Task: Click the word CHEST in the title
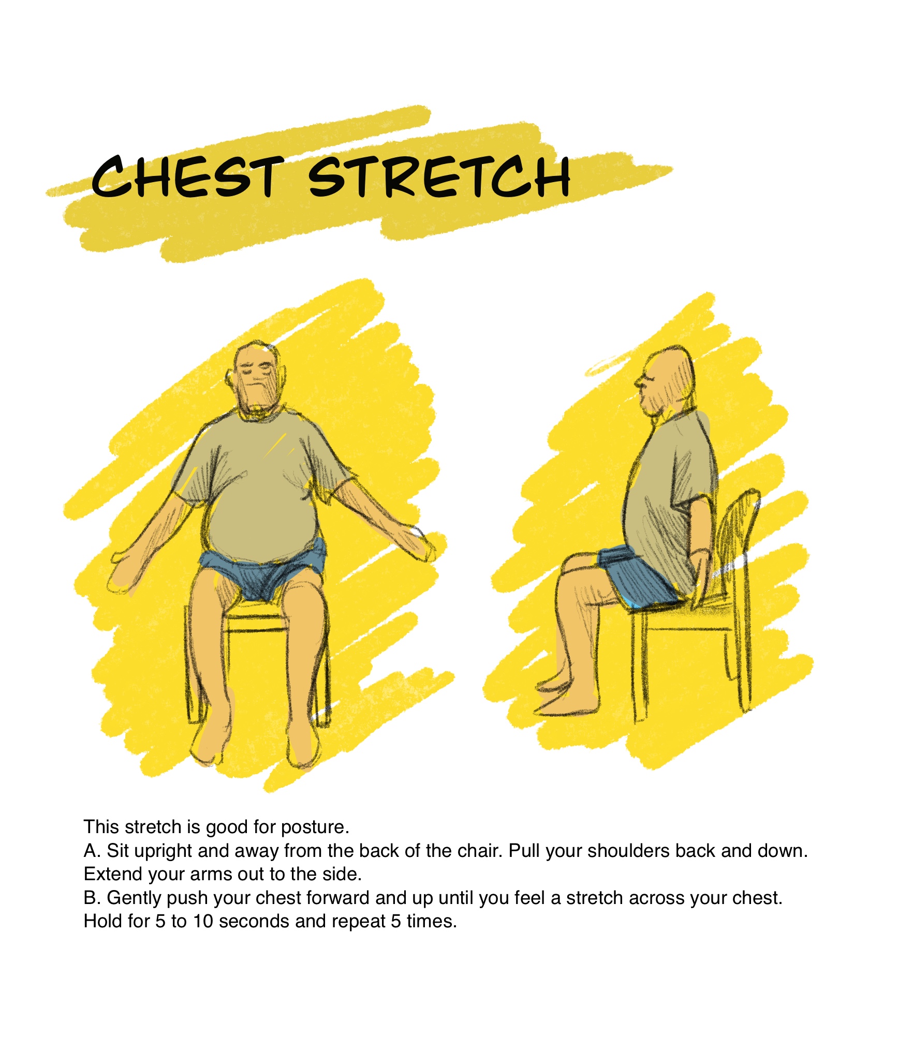(x=187, y=177)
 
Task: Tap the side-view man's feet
(x=567, y=699)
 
